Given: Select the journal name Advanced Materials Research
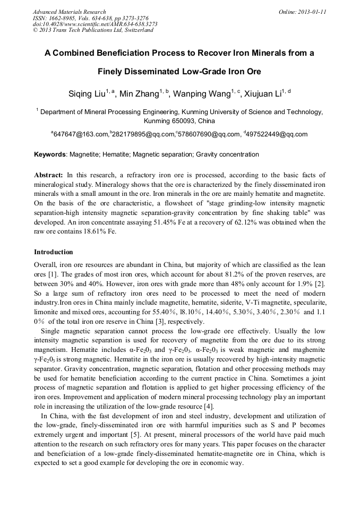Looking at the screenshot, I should point(69,12).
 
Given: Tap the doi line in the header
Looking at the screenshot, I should point(95,24).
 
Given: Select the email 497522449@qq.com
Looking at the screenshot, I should point(277,134).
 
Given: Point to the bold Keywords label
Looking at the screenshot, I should point(50,155).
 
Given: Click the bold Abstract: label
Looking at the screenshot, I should point(49,175).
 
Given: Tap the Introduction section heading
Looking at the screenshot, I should point(54,252).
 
